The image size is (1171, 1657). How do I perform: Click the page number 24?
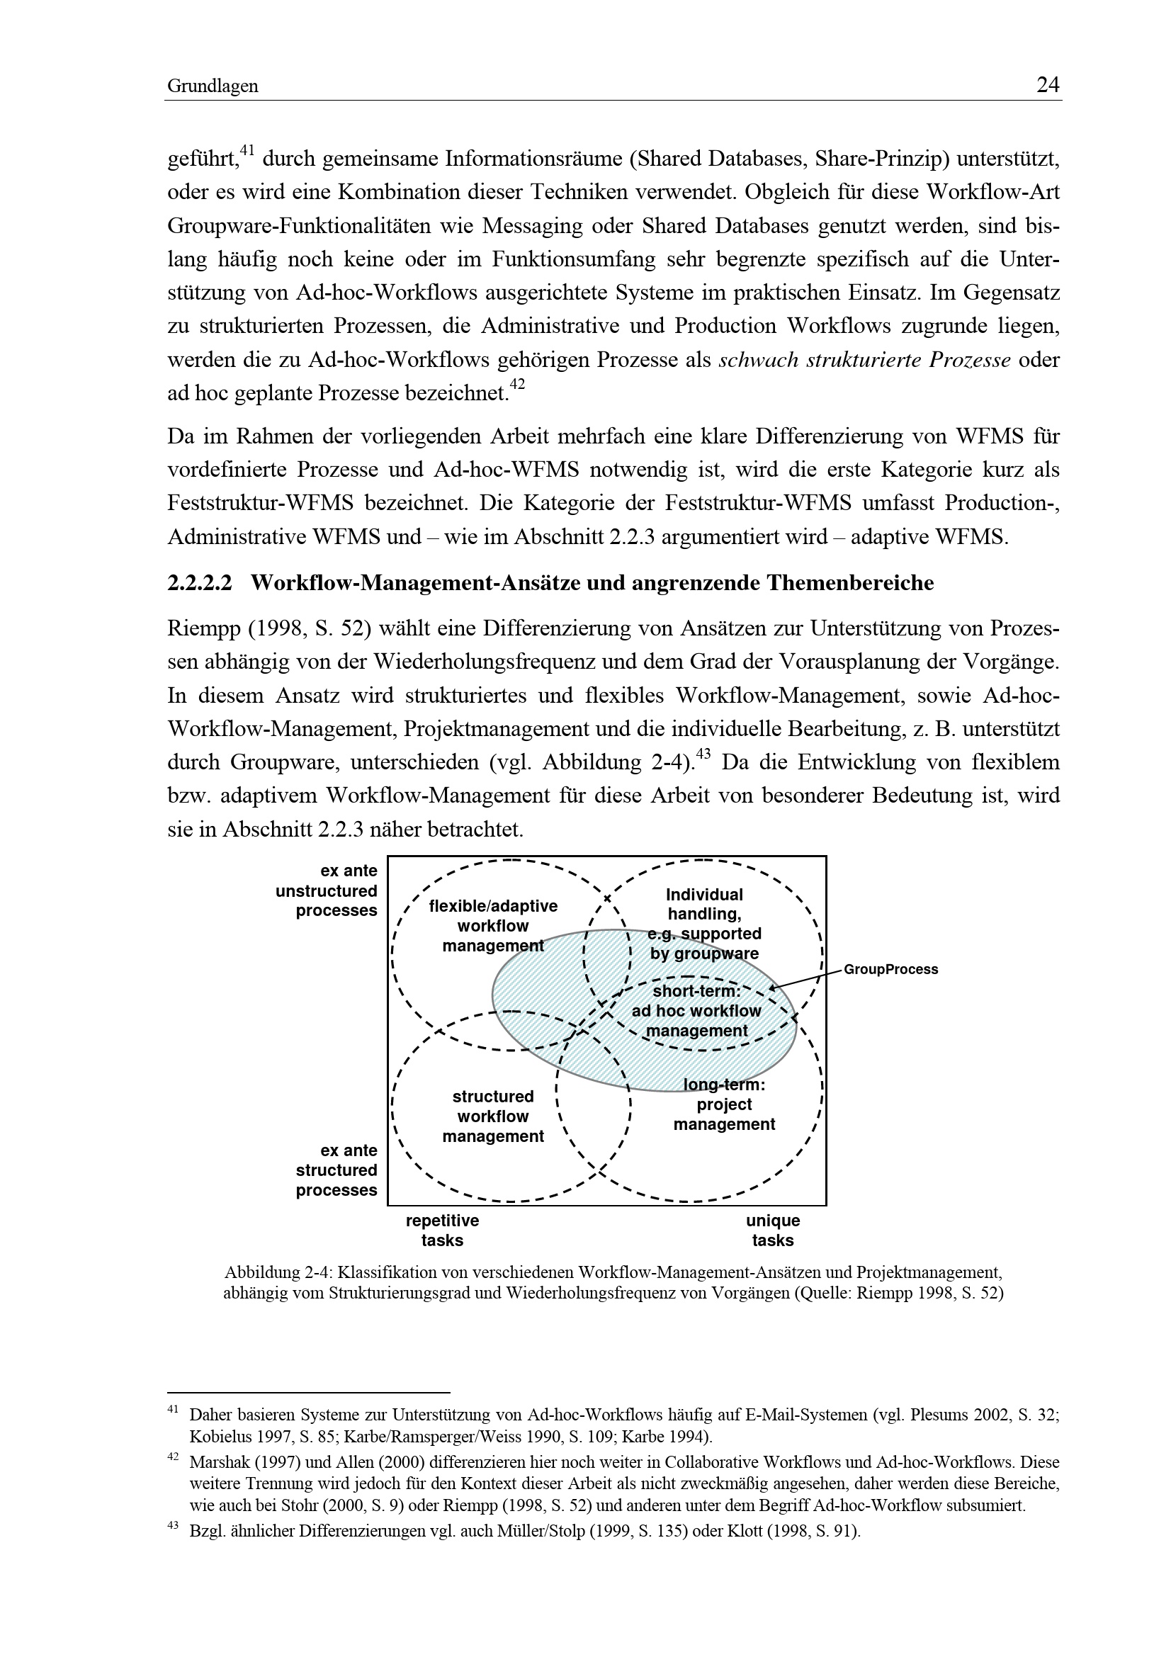point(1048,85)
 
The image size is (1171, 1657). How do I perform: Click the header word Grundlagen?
point(213,86)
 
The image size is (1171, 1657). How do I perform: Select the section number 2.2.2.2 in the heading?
point(200,583)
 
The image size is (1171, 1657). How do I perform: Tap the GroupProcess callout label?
point(890,969)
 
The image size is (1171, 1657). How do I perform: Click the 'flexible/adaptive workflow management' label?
point(493,925)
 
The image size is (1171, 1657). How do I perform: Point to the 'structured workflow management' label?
point(493,1116)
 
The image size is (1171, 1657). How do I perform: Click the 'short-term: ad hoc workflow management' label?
point(696,1011)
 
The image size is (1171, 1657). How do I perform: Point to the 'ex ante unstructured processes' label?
point(327,890)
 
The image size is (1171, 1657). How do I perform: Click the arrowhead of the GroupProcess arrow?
point(773,989)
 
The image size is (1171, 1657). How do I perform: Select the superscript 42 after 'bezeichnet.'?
point(516,385)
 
